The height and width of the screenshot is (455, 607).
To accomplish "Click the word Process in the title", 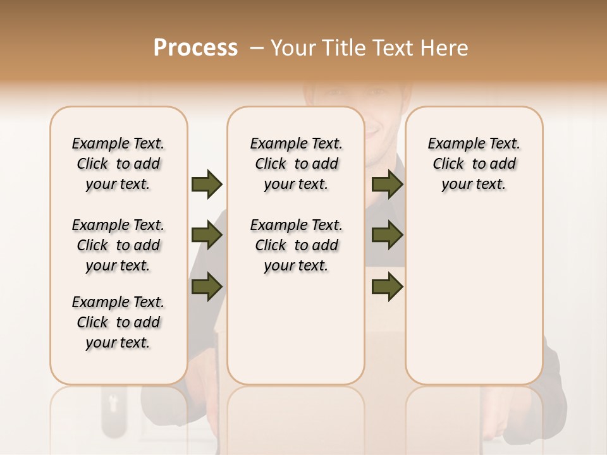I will [x=195, y=47].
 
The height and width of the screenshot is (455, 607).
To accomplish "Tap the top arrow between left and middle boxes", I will [x=207, y=184].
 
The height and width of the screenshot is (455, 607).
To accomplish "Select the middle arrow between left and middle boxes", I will [x=207, y=236].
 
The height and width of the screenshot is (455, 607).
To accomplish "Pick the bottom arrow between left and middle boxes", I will [x=207, y=287].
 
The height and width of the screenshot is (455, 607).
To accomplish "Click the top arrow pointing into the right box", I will [x=387, y=184].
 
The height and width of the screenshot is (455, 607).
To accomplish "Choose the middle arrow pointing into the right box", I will [x=387, y=236].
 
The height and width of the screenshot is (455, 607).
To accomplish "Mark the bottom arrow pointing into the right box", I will [x=387, y=287].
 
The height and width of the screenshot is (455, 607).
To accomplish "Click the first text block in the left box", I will [x=118, y=164].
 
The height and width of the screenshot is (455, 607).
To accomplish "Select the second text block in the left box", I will [x=118, y=245].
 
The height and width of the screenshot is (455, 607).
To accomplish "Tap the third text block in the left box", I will [x=118, y=322].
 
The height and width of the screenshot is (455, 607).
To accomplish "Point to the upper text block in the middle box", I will [x=297, y=164].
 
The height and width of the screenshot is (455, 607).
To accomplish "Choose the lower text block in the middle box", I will [x=297, y=245].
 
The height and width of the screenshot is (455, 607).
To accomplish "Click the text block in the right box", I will [x=474, y=164].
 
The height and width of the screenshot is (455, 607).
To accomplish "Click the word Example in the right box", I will [x=451, y=143].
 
